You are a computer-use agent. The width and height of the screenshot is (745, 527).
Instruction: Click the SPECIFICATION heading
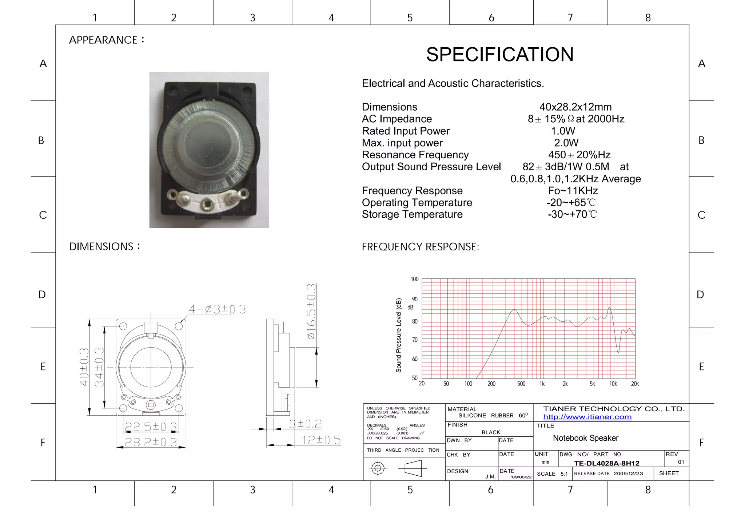point(500,55)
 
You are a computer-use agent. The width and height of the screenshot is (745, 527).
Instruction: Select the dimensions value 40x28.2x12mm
point(575,107)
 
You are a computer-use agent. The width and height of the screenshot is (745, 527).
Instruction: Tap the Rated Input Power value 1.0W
point(563,131)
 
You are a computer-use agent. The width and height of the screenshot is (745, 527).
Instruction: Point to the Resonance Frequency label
point(415,155)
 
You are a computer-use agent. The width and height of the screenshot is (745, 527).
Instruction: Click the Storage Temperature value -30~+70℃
point(572,214)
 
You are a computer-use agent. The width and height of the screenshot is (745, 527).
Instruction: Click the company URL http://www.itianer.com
point(587,417)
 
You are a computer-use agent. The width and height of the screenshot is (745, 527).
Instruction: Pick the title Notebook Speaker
point(585,438)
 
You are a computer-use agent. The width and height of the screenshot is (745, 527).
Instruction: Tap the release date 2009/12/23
point(628,473)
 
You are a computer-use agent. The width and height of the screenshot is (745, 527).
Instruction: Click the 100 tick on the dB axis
point(414,279)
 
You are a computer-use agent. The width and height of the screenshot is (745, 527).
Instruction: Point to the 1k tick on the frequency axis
point(542,384)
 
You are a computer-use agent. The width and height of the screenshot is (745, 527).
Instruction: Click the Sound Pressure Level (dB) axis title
point(399,335)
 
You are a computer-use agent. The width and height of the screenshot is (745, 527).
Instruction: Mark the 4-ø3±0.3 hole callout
point(217,309)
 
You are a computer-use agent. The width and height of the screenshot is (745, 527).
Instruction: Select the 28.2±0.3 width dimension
point(151,442)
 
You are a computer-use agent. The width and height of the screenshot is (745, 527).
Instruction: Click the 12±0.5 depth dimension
point(321,440)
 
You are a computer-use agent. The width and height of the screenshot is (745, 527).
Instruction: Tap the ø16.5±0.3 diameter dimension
point(311,312)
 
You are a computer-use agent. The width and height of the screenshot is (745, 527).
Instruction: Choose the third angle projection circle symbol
point(378,468)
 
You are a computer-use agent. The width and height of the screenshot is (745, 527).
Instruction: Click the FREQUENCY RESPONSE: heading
point(420,247)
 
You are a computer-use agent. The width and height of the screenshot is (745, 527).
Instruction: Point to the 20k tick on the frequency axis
point(635,384)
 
